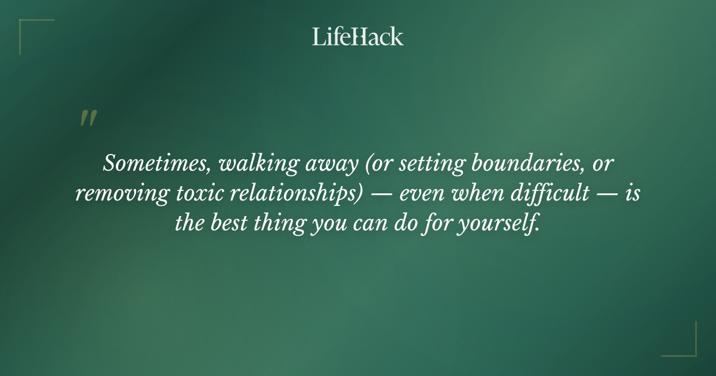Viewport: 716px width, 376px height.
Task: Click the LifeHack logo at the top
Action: (x=358, y=36)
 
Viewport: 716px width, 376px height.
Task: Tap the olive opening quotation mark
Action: (x=88, y=118)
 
